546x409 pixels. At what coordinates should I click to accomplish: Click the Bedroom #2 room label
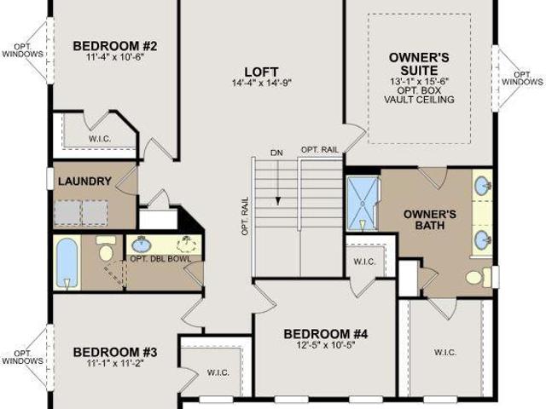(x=115, y=46)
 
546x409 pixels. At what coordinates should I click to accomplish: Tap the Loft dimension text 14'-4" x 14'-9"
(x=262, y=83)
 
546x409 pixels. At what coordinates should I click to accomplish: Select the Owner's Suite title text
(x=419, y=64)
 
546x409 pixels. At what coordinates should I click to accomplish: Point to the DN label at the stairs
(x=276, y=153)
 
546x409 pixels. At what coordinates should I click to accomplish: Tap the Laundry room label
(x=84, y=181)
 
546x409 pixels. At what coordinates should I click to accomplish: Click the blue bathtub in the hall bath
(x=67, y=262)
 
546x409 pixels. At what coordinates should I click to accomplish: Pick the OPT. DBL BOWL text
(x=160, y=259)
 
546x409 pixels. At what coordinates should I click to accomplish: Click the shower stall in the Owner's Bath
(x=363, y=204)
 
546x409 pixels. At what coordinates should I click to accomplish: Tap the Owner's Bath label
(x=430, y=220)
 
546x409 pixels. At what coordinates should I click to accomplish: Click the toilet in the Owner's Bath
(x=479, y=277)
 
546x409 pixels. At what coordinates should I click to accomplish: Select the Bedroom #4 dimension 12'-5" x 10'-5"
(x=326, y=345)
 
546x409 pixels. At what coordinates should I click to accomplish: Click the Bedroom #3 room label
(x=115, y=352)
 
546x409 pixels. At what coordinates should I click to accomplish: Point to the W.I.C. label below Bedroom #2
(x=100, y=139)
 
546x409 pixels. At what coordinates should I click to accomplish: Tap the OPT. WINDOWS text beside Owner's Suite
(x=522, y=78)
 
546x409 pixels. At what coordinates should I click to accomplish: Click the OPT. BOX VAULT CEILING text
(x=419, y=95)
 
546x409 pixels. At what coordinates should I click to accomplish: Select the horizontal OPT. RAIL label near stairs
(x=320, y=150)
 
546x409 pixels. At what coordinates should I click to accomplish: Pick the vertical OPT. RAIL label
(x=245, y=216)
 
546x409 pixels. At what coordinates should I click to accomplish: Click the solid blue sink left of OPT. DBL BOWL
(x=142, y=245)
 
